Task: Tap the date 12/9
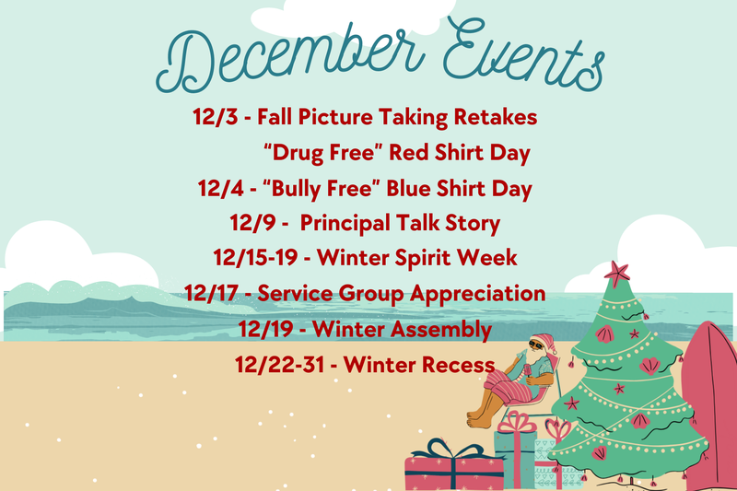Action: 249,224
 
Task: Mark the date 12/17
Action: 211,294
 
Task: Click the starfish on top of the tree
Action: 616,273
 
